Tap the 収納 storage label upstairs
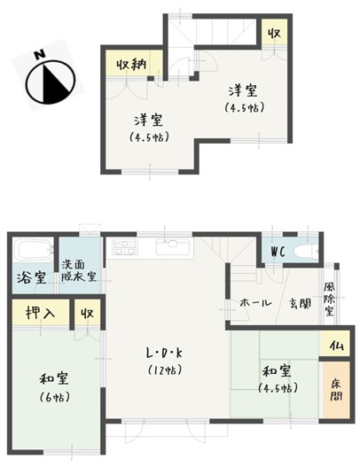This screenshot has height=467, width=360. pyautogui.click(x=130, y=64)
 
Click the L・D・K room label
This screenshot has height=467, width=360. pyautogui.click(x=165, y=352)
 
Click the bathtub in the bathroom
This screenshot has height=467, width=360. pyautogui.click(x=33, y=251)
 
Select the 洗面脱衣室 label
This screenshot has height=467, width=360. pyautogui.click(x=79, y=269)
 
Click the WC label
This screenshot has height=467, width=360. pyautogui.click(x=277, y=250)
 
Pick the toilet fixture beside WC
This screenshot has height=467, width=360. pyautogui.click(x=304, y=251)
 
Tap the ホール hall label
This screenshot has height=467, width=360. pyautogui.click(x=254, y=304)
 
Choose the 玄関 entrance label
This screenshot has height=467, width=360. pyautogui.click(x=298, y=304)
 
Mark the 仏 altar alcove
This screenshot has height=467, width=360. pyautogui.click(x=335, y=345)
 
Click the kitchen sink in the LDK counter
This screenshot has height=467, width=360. pyautogui.click(x=168, y=248)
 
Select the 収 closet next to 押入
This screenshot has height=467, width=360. pyautogui.click(x=87, y=314)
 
